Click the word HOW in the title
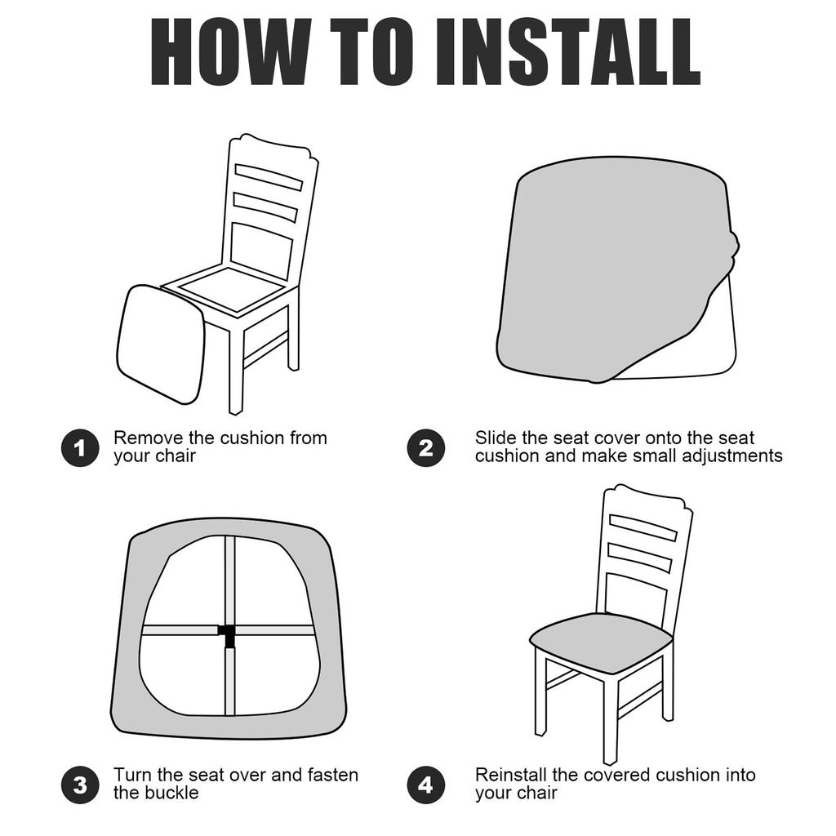tap(231, 51)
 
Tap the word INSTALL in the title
tap(568, 51)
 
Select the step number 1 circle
tap(80, 448)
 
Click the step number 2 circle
tap(426, 448)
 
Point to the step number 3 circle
tap(80, 785)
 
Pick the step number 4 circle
tap(426, 785)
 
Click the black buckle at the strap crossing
tap(229, 634)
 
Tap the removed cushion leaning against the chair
tap(161, 345)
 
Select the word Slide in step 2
tap(496, 438)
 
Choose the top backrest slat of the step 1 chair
tap(269, 177)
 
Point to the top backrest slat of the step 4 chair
tap(643, 527)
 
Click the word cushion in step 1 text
tap(252, 438)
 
